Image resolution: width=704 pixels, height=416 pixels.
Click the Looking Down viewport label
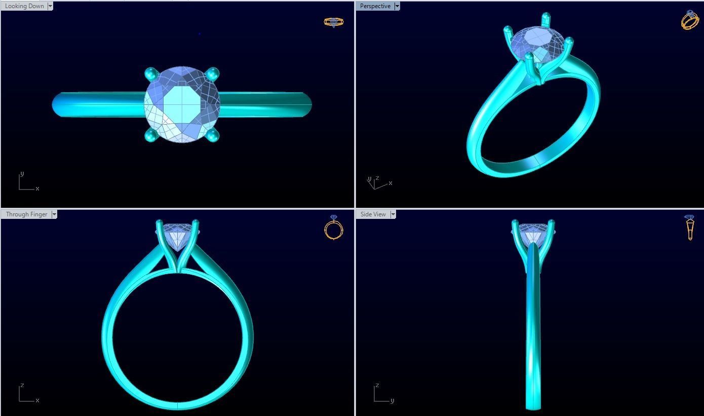[x=24, y=6]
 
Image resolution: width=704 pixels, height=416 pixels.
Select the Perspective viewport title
[x=375, y=6]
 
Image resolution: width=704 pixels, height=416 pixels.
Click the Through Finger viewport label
[x=26, y=214]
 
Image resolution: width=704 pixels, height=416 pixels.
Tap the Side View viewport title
[x=373, y=214]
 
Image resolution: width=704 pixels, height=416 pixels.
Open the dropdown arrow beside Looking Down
[x=50, y=6]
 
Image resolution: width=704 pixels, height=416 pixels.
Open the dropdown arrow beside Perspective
[x=397, y=6]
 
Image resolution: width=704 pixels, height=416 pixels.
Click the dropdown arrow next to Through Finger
[x=54, y=214]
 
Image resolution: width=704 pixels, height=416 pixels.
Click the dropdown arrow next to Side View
[x=393, y=214]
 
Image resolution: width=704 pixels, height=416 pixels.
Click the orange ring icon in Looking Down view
[x=333, y=22]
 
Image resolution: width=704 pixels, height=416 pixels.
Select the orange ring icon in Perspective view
[x=690, y=20]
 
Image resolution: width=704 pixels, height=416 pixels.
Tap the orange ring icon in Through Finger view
[x=333, y=228]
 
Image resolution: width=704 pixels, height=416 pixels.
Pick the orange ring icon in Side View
[x=690, y=228]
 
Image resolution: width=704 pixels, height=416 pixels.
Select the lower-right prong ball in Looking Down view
[x=212, y=135]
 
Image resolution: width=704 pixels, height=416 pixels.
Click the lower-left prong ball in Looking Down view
[x=151, y=135]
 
